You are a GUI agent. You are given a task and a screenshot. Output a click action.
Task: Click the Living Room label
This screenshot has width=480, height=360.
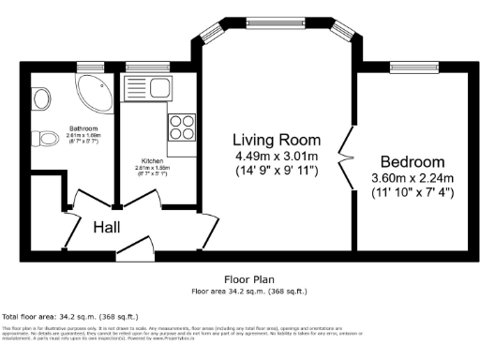click(x=277, y=139)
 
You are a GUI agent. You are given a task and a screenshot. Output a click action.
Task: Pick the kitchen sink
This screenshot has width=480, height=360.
click(x=156, y=89)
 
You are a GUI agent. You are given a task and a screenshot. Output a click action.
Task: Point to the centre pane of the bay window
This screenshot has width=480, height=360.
click(x=277, y=18)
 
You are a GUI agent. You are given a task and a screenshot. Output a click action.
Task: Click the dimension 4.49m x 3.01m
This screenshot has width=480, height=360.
click(x=277, y=155)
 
